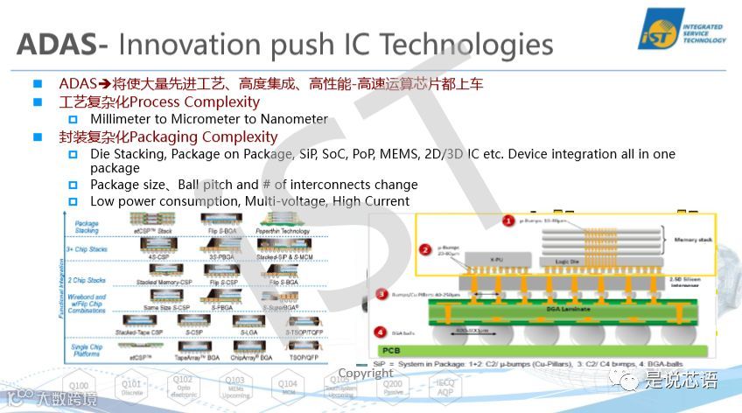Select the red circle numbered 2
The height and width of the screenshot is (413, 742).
point(425,249)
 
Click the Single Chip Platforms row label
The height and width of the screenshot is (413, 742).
point(87,349)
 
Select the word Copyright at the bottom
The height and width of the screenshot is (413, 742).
point(366,374)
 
